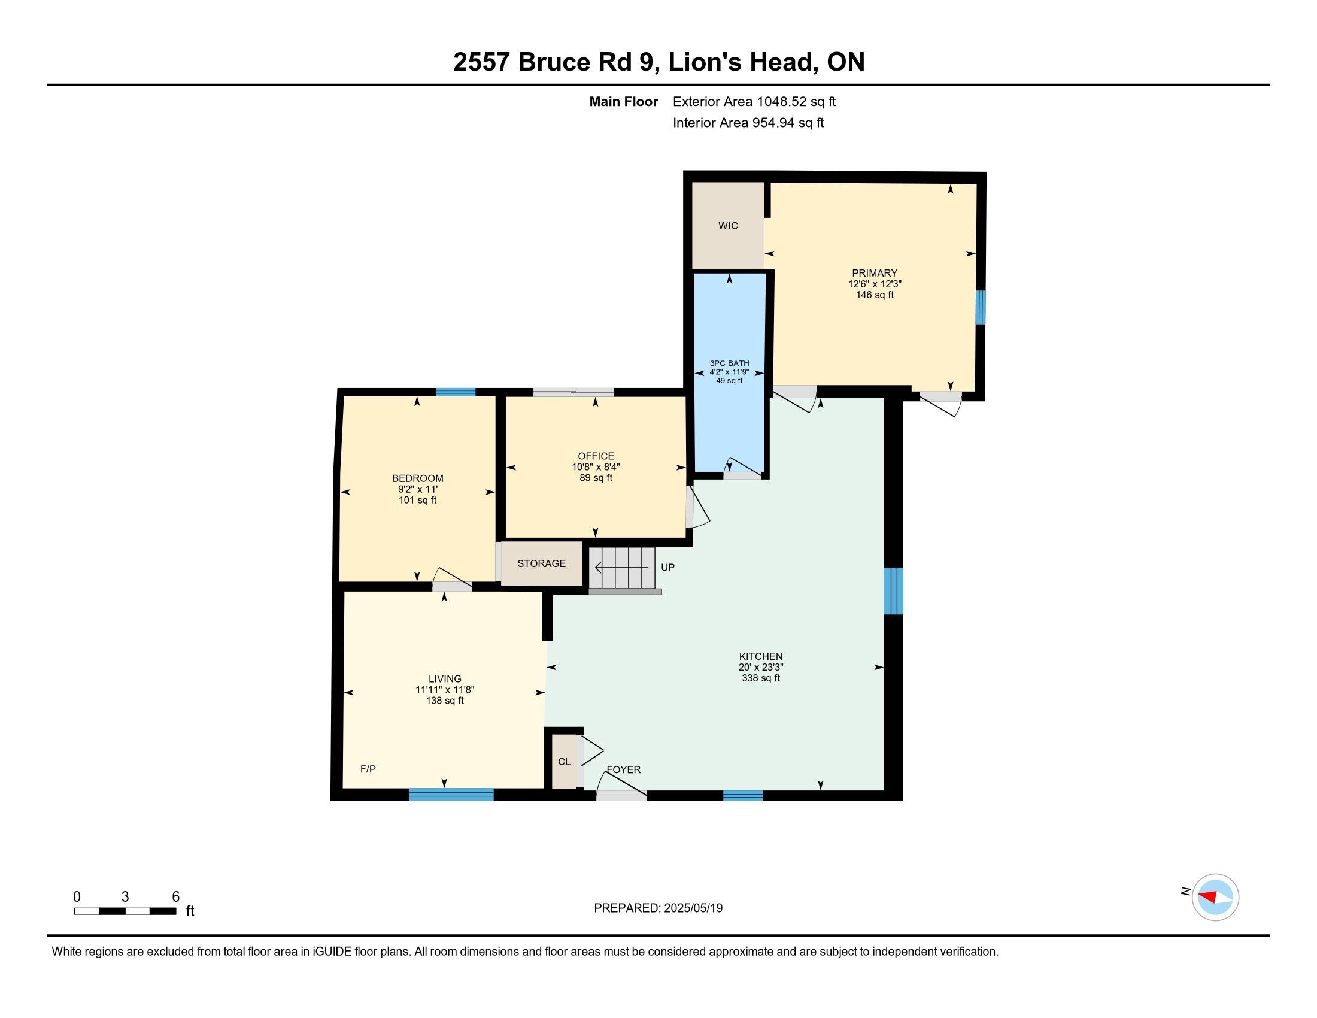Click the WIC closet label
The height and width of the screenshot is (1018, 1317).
coord(728,226)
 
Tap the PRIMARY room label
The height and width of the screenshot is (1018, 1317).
coord(875,273)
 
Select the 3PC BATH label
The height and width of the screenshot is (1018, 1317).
coord(730,363)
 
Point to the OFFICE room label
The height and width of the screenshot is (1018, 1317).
coord(596,456)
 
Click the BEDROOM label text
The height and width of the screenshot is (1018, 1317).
coord(418,478)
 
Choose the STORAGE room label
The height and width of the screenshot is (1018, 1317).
coord(542,563)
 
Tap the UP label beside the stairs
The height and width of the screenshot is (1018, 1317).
coord(667,568)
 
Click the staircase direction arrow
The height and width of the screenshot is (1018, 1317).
coord(621,568)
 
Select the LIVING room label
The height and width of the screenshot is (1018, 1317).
coord(445,678)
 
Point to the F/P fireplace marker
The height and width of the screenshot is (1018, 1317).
coord(368,769)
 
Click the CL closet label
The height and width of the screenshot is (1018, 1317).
coord(564,762)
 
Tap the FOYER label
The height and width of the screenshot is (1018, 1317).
coord(624,769)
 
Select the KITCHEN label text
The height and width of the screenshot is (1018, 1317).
coord(761,656)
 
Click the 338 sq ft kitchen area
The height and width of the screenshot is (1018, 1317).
coord(761,678)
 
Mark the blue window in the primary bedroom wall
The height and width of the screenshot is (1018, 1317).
coord(981,308)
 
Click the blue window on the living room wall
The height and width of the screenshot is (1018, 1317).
coord(451,795)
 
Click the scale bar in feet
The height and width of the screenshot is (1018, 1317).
coord(126,911)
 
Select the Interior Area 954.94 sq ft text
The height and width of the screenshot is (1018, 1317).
coord(748,122)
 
